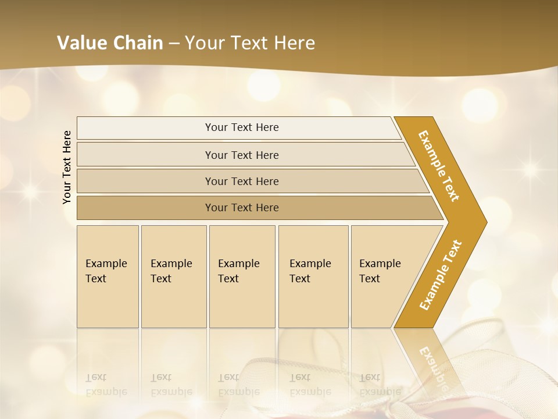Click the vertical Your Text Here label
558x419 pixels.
(67, 167)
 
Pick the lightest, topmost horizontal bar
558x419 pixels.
(241, 127)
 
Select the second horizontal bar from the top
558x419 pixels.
(241, 155)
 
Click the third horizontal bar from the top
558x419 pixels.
(241, 181)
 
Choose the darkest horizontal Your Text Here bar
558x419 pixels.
(241, 208)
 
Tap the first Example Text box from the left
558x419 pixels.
(108, 276)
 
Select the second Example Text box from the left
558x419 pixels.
(173, 276)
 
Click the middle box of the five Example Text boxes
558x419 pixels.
(242, 276)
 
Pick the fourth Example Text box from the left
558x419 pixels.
(313, 276)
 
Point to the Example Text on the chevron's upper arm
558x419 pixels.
(439, 166)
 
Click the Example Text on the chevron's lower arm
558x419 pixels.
(440, 275)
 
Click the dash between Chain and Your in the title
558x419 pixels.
(174, 43)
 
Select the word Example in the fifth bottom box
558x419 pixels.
(380, 264)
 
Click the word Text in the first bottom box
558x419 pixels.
(96, 279)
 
